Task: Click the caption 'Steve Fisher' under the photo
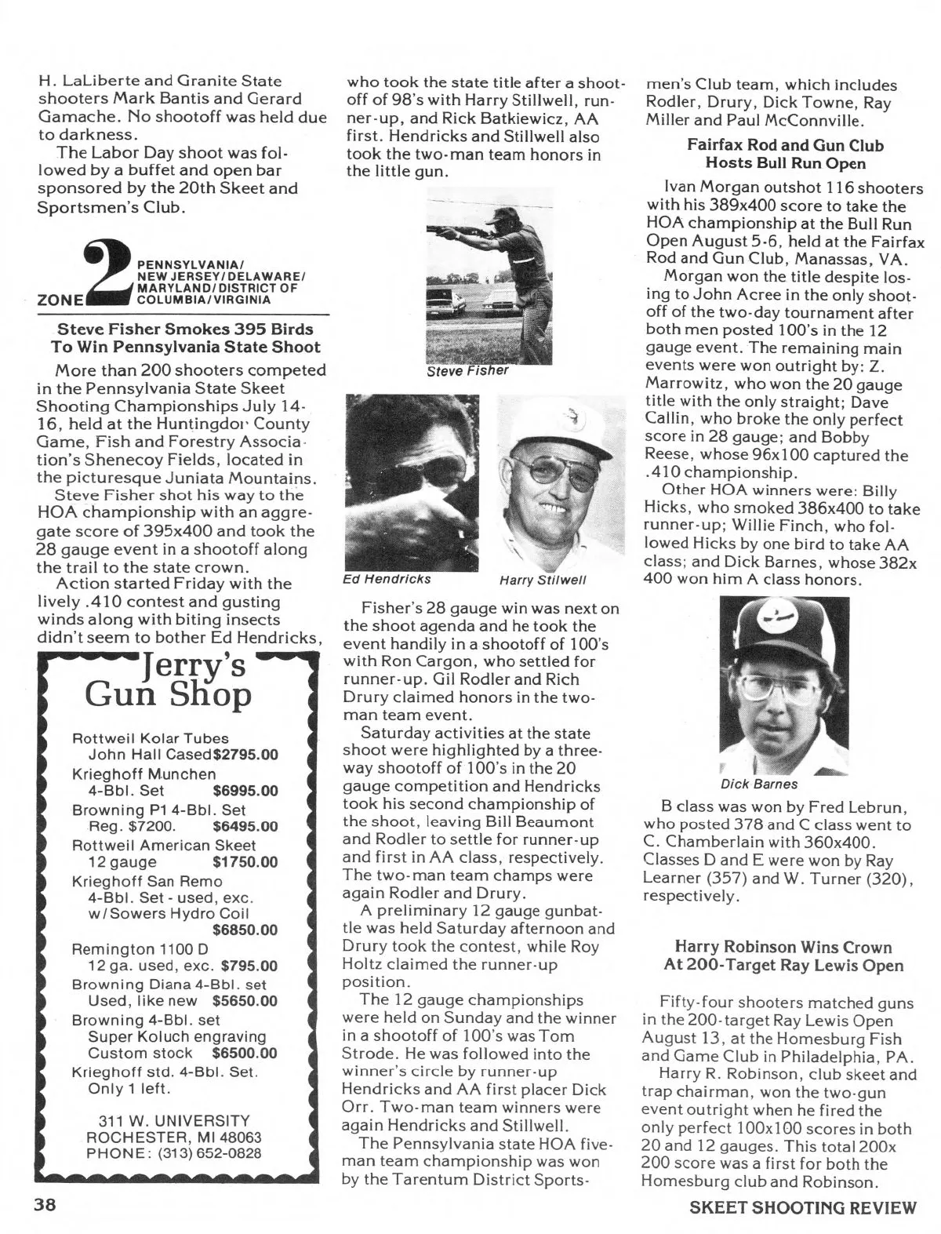[x=468, y=370]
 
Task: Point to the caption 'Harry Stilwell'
[x=543, y=581]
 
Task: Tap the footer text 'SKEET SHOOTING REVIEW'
[x=802, y=1207]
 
